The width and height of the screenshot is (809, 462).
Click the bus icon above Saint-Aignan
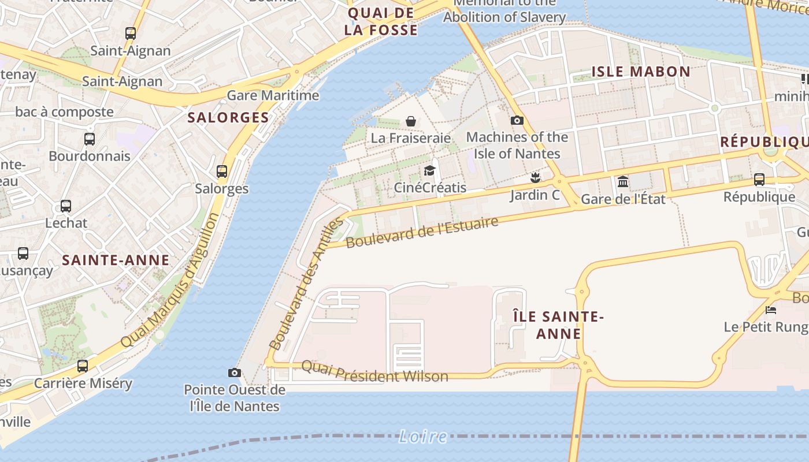pyautogui.click(x=131, y=33)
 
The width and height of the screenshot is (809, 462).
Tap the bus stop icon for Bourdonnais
pyautogui.click(x=90, y=139)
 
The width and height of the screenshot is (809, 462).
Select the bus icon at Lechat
pyautogui.click(x=66, y=206)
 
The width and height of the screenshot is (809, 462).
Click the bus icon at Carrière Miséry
pyautogui.click(x=83, y=366)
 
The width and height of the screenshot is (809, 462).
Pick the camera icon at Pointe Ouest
pyautogui.click(x=235, y=372)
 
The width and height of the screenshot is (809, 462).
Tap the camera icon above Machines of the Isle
pyautogui.click(x=517, y=121)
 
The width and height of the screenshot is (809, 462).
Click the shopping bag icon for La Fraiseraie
pyautogui.click(x=411, y=121)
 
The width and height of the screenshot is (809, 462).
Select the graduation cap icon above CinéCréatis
pyautogui.click(x=429, y=170)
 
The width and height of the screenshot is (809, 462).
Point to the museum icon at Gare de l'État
pyautogui.click(x=623, y=182)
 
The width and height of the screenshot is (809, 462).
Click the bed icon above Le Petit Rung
pyautogui.click(x=771, y=310)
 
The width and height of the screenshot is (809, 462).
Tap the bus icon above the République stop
pyautogui.click(x=759, y=180)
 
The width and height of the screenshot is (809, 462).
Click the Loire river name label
pyautogui.click(x=423, y=437)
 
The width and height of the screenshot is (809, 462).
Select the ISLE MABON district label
pyautogui.click(x=641, y=72)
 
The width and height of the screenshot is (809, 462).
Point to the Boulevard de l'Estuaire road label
pyautogui.click(x=422, y=232)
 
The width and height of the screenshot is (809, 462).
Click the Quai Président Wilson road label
pyautogui.click(x=374, y=372)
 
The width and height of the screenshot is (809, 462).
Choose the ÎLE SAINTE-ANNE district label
pyautogui.click(x=559, y=325)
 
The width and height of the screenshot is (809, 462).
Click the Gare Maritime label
pyautogui.click(x=273, y=95)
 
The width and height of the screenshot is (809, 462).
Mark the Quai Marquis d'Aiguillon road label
pyautogui.click(x=170, y=280)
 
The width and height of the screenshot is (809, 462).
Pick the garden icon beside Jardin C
pyautogui.click(x=536, y=177)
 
